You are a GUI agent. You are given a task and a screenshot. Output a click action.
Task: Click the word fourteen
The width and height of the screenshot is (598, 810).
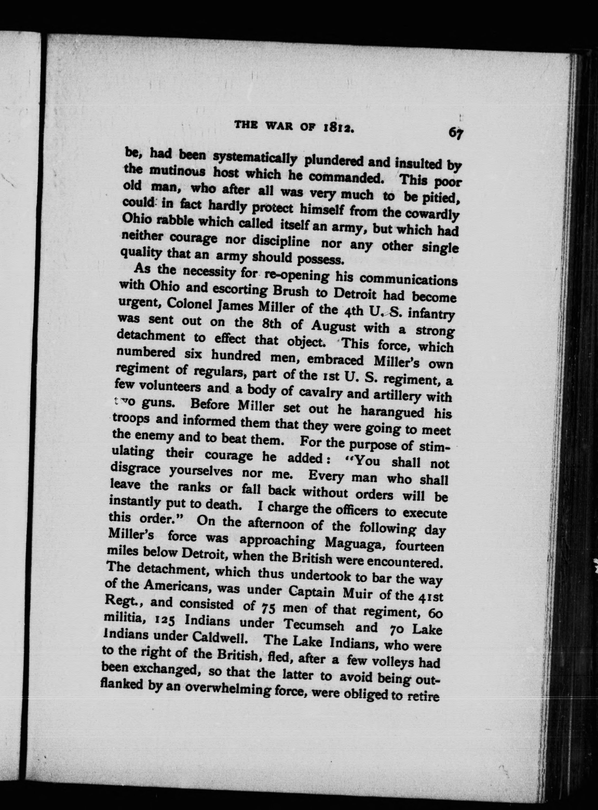420,545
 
